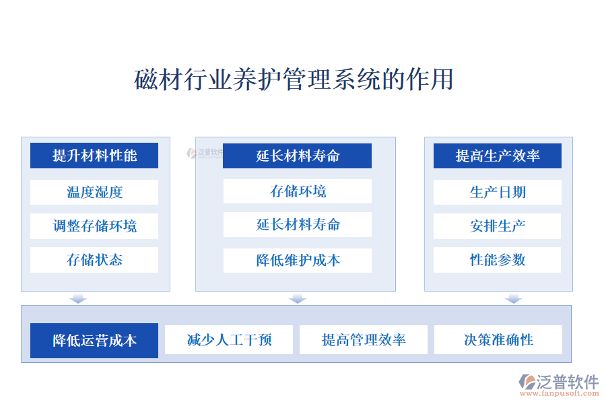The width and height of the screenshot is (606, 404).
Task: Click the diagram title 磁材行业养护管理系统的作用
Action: click(294, 79)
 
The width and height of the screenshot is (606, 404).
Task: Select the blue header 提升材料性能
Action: click(94, 156)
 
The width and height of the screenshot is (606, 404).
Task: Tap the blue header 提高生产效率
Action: click(498, 156)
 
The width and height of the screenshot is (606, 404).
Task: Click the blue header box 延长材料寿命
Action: click(297, 156)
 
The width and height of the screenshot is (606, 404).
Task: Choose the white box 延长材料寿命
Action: click(297, 224)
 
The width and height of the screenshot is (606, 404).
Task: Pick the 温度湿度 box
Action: click(94, 192)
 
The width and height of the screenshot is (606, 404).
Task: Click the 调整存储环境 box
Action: click(94, 226)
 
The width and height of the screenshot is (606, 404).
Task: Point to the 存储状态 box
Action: click(94, 260)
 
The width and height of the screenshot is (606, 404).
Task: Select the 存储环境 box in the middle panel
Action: click(297, 191)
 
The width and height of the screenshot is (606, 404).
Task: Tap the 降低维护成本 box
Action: click(297, 260)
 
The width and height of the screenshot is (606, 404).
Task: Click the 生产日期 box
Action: click(498, 192)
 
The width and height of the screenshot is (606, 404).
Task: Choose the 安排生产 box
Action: click(498, 226)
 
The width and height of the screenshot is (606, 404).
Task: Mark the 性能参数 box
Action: click(498, 260)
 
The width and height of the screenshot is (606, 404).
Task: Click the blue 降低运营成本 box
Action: click(94, 341)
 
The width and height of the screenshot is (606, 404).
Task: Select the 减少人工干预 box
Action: click(229, 340)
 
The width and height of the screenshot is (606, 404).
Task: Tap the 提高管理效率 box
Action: click(364, 340)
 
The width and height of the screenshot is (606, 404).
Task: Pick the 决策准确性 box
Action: click(498, 340)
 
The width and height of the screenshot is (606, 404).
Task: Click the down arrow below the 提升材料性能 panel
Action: click(78, 298)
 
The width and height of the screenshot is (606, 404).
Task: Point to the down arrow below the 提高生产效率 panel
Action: click(513, 298)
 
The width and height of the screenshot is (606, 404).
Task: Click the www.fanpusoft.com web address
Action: click(560, 393)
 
